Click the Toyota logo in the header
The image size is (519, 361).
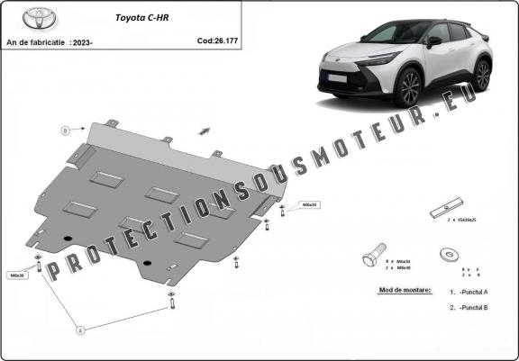pyautogui.click(x=22, y=18)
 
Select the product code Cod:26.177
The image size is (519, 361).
pyautogui.click(x=218, y=41)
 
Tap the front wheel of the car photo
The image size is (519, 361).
pyautogui.click(x=409, y=87)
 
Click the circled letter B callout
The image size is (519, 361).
pyautogui.click(x=65, y=131)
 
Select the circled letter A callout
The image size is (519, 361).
pyautogui.click(x=79, y=330)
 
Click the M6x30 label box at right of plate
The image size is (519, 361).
pyautogui.click(x=310, y=205)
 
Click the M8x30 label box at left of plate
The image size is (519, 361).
pyautogui.click(x=17, y=275)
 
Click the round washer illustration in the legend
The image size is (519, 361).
pyautogui.click(x=447, y=256)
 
